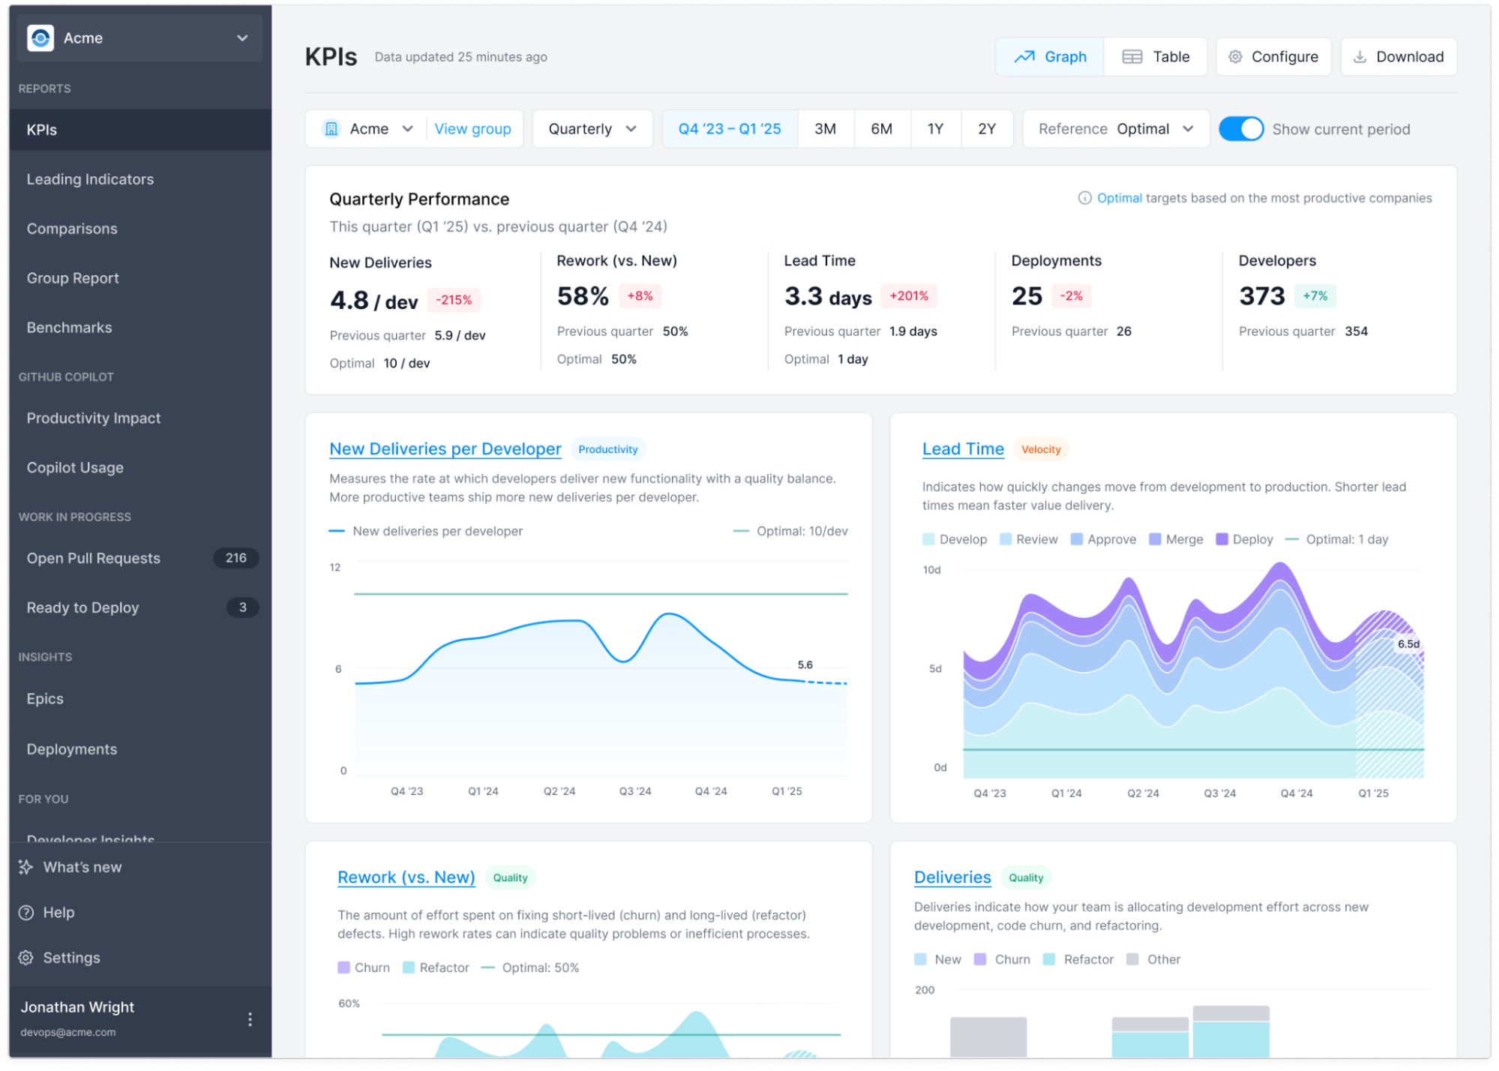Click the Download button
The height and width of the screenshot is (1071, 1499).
[x=1399, y=57]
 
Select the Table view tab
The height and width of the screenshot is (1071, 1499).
[x=1156, y=57]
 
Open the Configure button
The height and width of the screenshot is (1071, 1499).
[x=1273, y=57]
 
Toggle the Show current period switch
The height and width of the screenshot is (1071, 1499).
[x=1240, y=129]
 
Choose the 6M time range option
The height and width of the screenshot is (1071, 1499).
[x=881, y=129]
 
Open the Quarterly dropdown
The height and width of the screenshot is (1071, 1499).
[x=592, y=129]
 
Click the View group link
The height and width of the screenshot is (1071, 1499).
[x=472, y=129]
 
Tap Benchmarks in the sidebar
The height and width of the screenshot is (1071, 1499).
[x=69, y=328]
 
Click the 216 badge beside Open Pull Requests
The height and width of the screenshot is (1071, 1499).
[x=235, y=558]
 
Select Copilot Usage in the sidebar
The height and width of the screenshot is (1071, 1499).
[x=75, y=468]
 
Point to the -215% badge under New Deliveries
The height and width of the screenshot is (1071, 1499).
[x=454, y=300]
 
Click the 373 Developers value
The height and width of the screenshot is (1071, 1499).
[x=1261, y=296]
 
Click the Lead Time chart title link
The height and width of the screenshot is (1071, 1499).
[x=963, y=449]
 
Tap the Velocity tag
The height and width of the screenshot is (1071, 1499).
[x=1041, y=450]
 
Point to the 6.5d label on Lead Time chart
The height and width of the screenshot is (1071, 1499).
[x=1408, y=644]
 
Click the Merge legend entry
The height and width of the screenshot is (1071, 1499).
[x=1176, y=539]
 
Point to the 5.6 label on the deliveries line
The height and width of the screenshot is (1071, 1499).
[x=805, y=665]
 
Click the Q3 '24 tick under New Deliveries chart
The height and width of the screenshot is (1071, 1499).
[x=635, y=791]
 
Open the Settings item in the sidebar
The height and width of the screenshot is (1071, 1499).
[x=71, y=958]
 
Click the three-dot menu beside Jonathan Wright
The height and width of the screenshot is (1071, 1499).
[x=250, y=1019]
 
